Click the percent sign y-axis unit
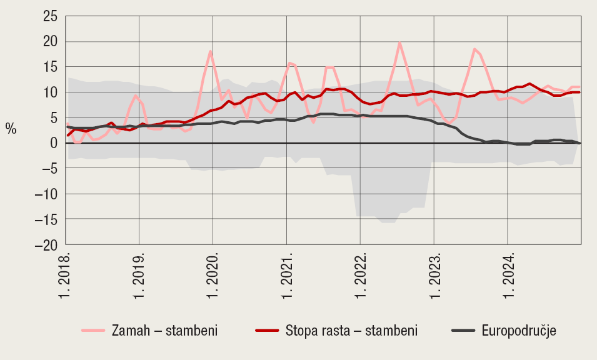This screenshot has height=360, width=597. pos(11,129)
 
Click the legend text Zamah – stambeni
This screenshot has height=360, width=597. pos(164,331)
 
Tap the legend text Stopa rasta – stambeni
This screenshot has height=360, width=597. pos(351,331)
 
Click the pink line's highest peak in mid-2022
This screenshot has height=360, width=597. pos(399,42)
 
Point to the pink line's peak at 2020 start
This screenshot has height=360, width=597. pos(210,51)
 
